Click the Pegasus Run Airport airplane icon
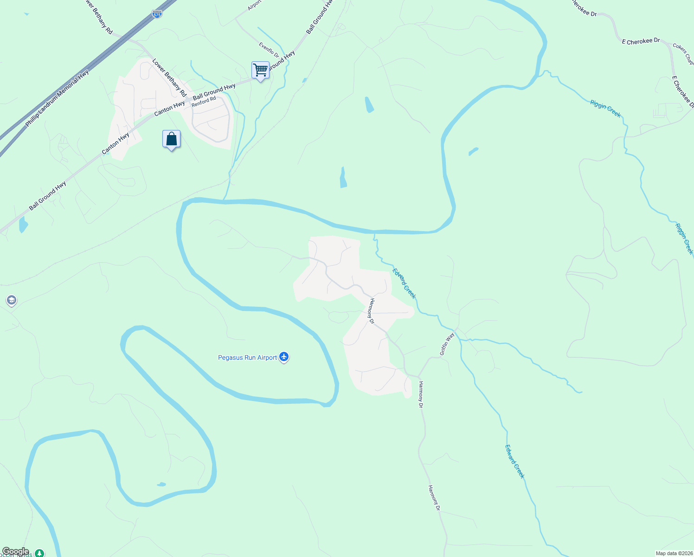pos(284,357)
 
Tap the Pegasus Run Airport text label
pos(247,357)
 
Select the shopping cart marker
pos(261,70)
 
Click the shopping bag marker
pos(171,139)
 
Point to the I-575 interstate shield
pos(157,14)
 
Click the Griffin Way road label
pos(447,344)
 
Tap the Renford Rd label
pos(204,101)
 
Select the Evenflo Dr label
pos(269,50)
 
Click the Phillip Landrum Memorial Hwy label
pos(57,99)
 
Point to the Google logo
pos(15,551)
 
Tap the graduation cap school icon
pos(12,300)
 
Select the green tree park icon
pos(40,553)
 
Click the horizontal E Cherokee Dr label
pos(641,41)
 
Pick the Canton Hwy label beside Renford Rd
pos(169,109)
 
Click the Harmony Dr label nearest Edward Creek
pos(371,311)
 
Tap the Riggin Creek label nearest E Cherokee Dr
pos(605,108)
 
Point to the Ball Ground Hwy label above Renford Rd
pos(214,92)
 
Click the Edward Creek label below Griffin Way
pos(514,461)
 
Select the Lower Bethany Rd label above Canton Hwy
pos(169,78)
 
